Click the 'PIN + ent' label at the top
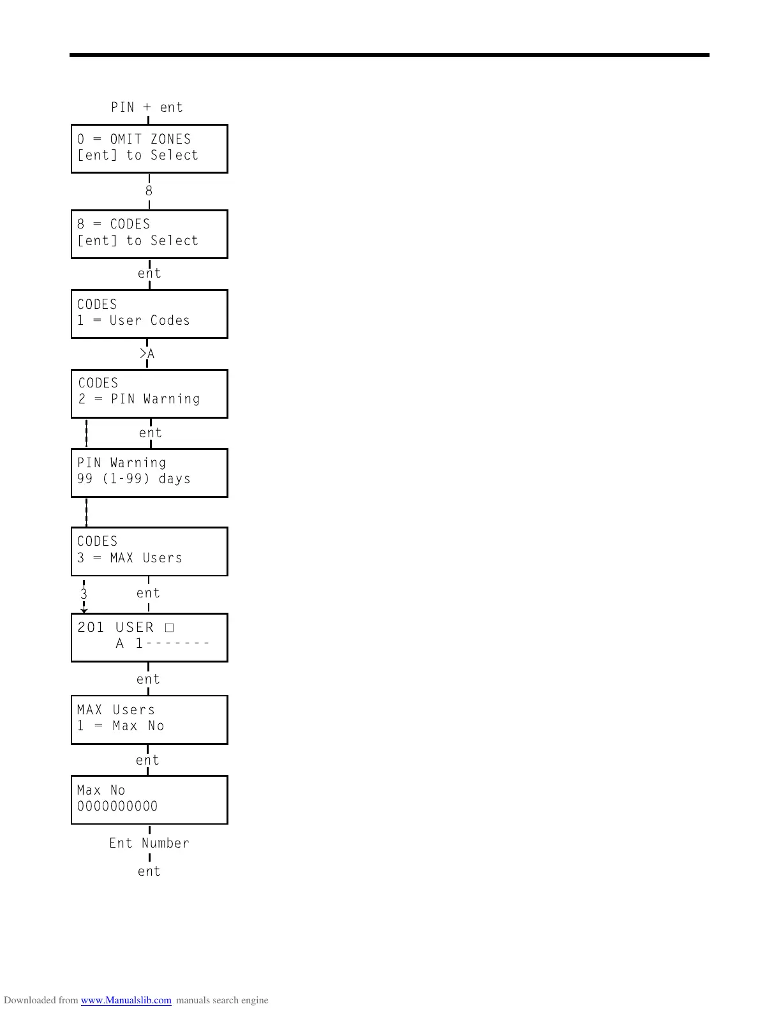click(147, 107)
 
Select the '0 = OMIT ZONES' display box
click(149, 149)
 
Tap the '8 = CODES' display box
click(149, 234)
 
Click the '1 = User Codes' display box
click(149, 314)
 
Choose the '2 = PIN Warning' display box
click(149, 394)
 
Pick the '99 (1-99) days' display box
click(149, 473)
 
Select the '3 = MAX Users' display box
click(149, 551)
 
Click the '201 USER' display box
click(149, 638)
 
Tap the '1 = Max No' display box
click(149, 720)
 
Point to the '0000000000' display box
click(149, 800)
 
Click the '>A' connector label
click(147, 354)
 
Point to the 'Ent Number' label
click(149, 843)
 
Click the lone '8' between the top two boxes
click(149, 191)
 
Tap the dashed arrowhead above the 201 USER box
click(84, 610)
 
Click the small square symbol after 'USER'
click(169, 627)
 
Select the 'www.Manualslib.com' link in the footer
click(126, 1000)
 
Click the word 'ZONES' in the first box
click(170, 139)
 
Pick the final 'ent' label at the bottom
click(149, 871)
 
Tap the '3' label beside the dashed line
click(84, 594)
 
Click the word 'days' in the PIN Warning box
click(174, 479)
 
